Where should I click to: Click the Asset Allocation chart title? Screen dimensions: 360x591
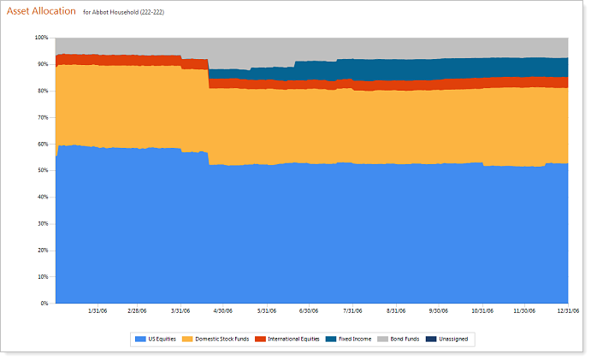pyautogui.click(x=41, y=12)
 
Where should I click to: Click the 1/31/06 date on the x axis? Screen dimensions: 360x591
pyautogui.click(x=98, y=311)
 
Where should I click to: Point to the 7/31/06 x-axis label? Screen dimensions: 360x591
pyautogui.click(x=352, y=311)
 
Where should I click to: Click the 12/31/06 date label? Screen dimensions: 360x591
pyautogui.click(x=568, y=311)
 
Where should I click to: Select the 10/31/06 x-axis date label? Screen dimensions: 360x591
pyautogui.click(x=484, y=311)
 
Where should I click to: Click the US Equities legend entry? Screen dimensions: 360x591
pyautogui.click(x=156, y=339)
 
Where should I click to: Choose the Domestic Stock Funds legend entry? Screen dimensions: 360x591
pyautogui.click(x=216, y=339)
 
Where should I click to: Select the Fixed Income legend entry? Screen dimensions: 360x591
pyautogui.click(x=350, y=339)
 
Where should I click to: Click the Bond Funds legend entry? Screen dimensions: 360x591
pyautogui.click(x=400, y=339)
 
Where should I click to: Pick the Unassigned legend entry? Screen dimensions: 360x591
pyautogui.click(x=450, y=339)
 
